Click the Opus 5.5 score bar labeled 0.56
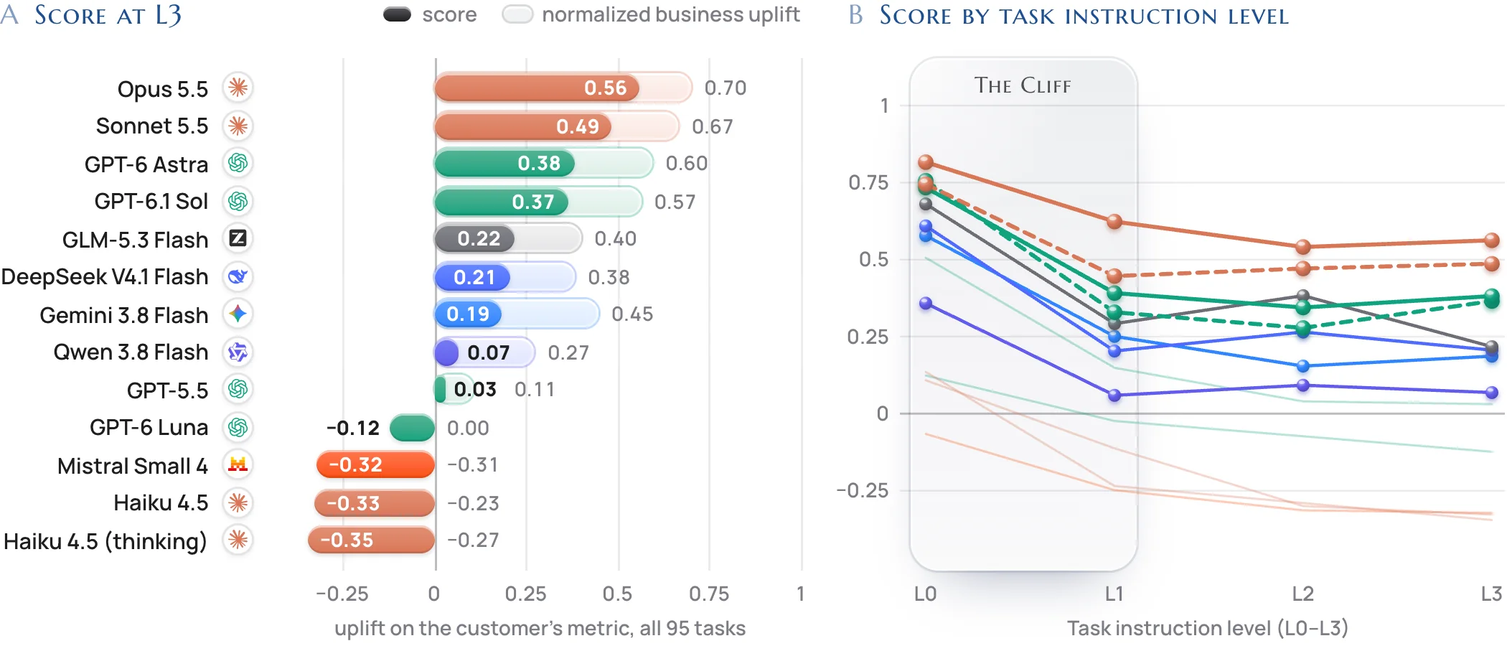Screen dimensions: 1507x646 pos(537,88)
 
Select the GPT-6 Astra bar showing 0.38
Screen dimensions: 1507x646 pos(504,163)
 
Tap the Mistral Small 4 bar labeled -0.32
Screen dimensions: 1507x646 pos(375,464)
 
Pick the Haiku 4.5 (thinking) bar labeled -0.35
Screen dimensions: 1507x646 pos(371,540)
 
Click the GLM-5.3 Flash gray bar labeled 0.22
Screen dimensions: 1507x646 pos(474,238)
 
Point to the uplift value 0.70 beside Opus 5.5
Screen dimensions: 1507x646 pos(726,88)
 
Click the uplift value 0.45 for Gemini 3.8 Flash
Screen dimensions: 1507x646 pos(632,314)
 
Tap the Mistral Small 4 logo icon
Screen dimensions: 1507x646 pos(238,464)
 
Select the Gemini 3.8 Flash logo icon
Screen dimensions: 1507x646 pos(238,314)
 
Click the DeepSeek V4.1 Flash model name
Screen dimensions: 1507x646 pos(105,276)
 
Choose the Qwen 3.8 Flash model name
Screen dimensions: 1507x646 pos(131,352)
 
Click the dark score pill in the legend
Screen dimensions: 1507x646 pos(397,14)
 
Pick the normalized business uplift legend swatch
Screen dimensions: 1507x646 pos(517,14)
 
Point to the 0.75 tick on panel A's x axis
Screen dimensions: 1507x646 pos(709,594)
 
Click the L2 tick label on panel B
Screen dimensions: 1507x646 pos(1303,594)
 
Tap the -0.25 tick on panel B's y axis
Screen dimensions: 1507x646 pos(863,490)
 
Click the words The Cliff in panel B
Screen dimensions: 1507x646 pos(1023,85)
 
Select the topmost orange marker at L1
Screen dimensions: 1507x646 pos(1114,222)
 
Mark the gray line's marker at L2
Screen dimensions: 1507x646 pos(1303,295)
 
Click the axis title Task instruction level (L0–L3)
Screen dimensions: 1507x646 pos(1208,628)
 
